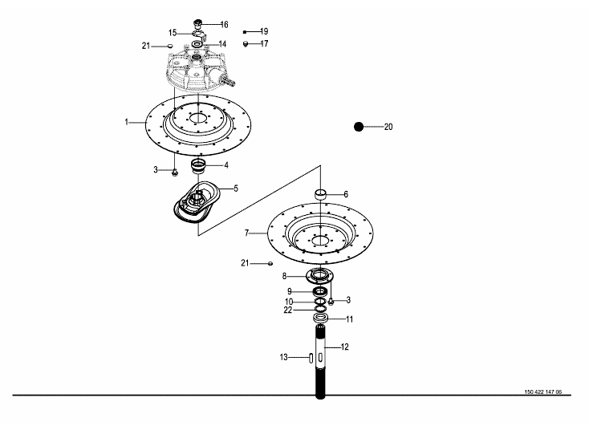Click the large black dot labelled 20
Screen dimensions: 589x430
(359, 127)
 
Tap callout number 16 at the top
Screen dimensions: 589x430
(224, 25)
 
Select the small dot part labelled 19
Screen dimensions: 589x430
(245, 32)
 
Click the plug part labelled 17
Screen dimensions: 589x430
(246, 44)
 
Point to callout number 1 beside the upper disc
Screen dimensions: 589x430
(127, 122)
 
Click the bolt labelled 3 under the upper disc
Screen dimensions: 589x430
(175, 172)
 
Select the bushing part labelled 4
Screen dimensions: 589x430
(199, 167)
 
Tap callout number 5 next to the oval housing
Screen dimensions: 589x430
(236, 189)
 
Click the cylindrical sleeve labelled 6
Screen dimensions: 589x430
(320, 194)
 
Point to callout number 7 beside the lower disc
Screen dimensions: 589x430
(246, 233)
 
